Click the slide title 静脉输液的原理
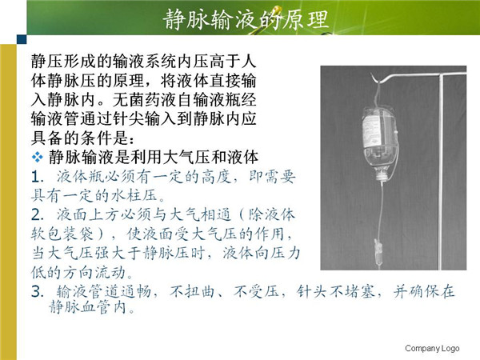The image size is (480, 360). (x=246, y=19)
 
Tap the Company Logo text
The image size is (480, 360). (x=432, y=348)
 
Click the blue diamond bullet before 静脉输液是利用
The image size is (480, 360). (x=38, y=157)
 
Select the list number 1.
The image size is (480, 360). (x=36, y=178)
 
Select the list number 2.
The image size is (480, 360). (x=37, y=215)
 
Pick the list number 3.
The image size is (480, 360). (x=37, y=292)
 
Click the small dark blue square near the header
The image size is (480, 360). (x=22, y=39)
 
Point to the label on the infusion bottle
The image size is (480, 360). (x=371, y=132)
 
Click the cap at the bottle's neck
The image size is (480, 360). (x=382, y=176)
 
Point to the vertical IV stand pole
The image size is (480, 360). (x=441, y=171)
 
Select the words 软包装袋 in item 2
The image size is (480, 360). (x=62, y=234)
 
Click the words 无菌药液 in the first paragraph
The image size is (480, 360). (x=145, y=100)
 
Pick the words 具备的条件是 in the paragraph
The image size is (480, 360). (x=79, y=138)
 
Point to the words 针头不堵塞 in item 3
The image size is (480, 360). (x=335, y=292)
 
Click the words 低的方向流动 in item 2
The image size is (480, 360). (x=78, y=273)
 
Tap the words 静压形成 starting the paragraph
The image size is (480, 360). (x=63, y=62)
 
